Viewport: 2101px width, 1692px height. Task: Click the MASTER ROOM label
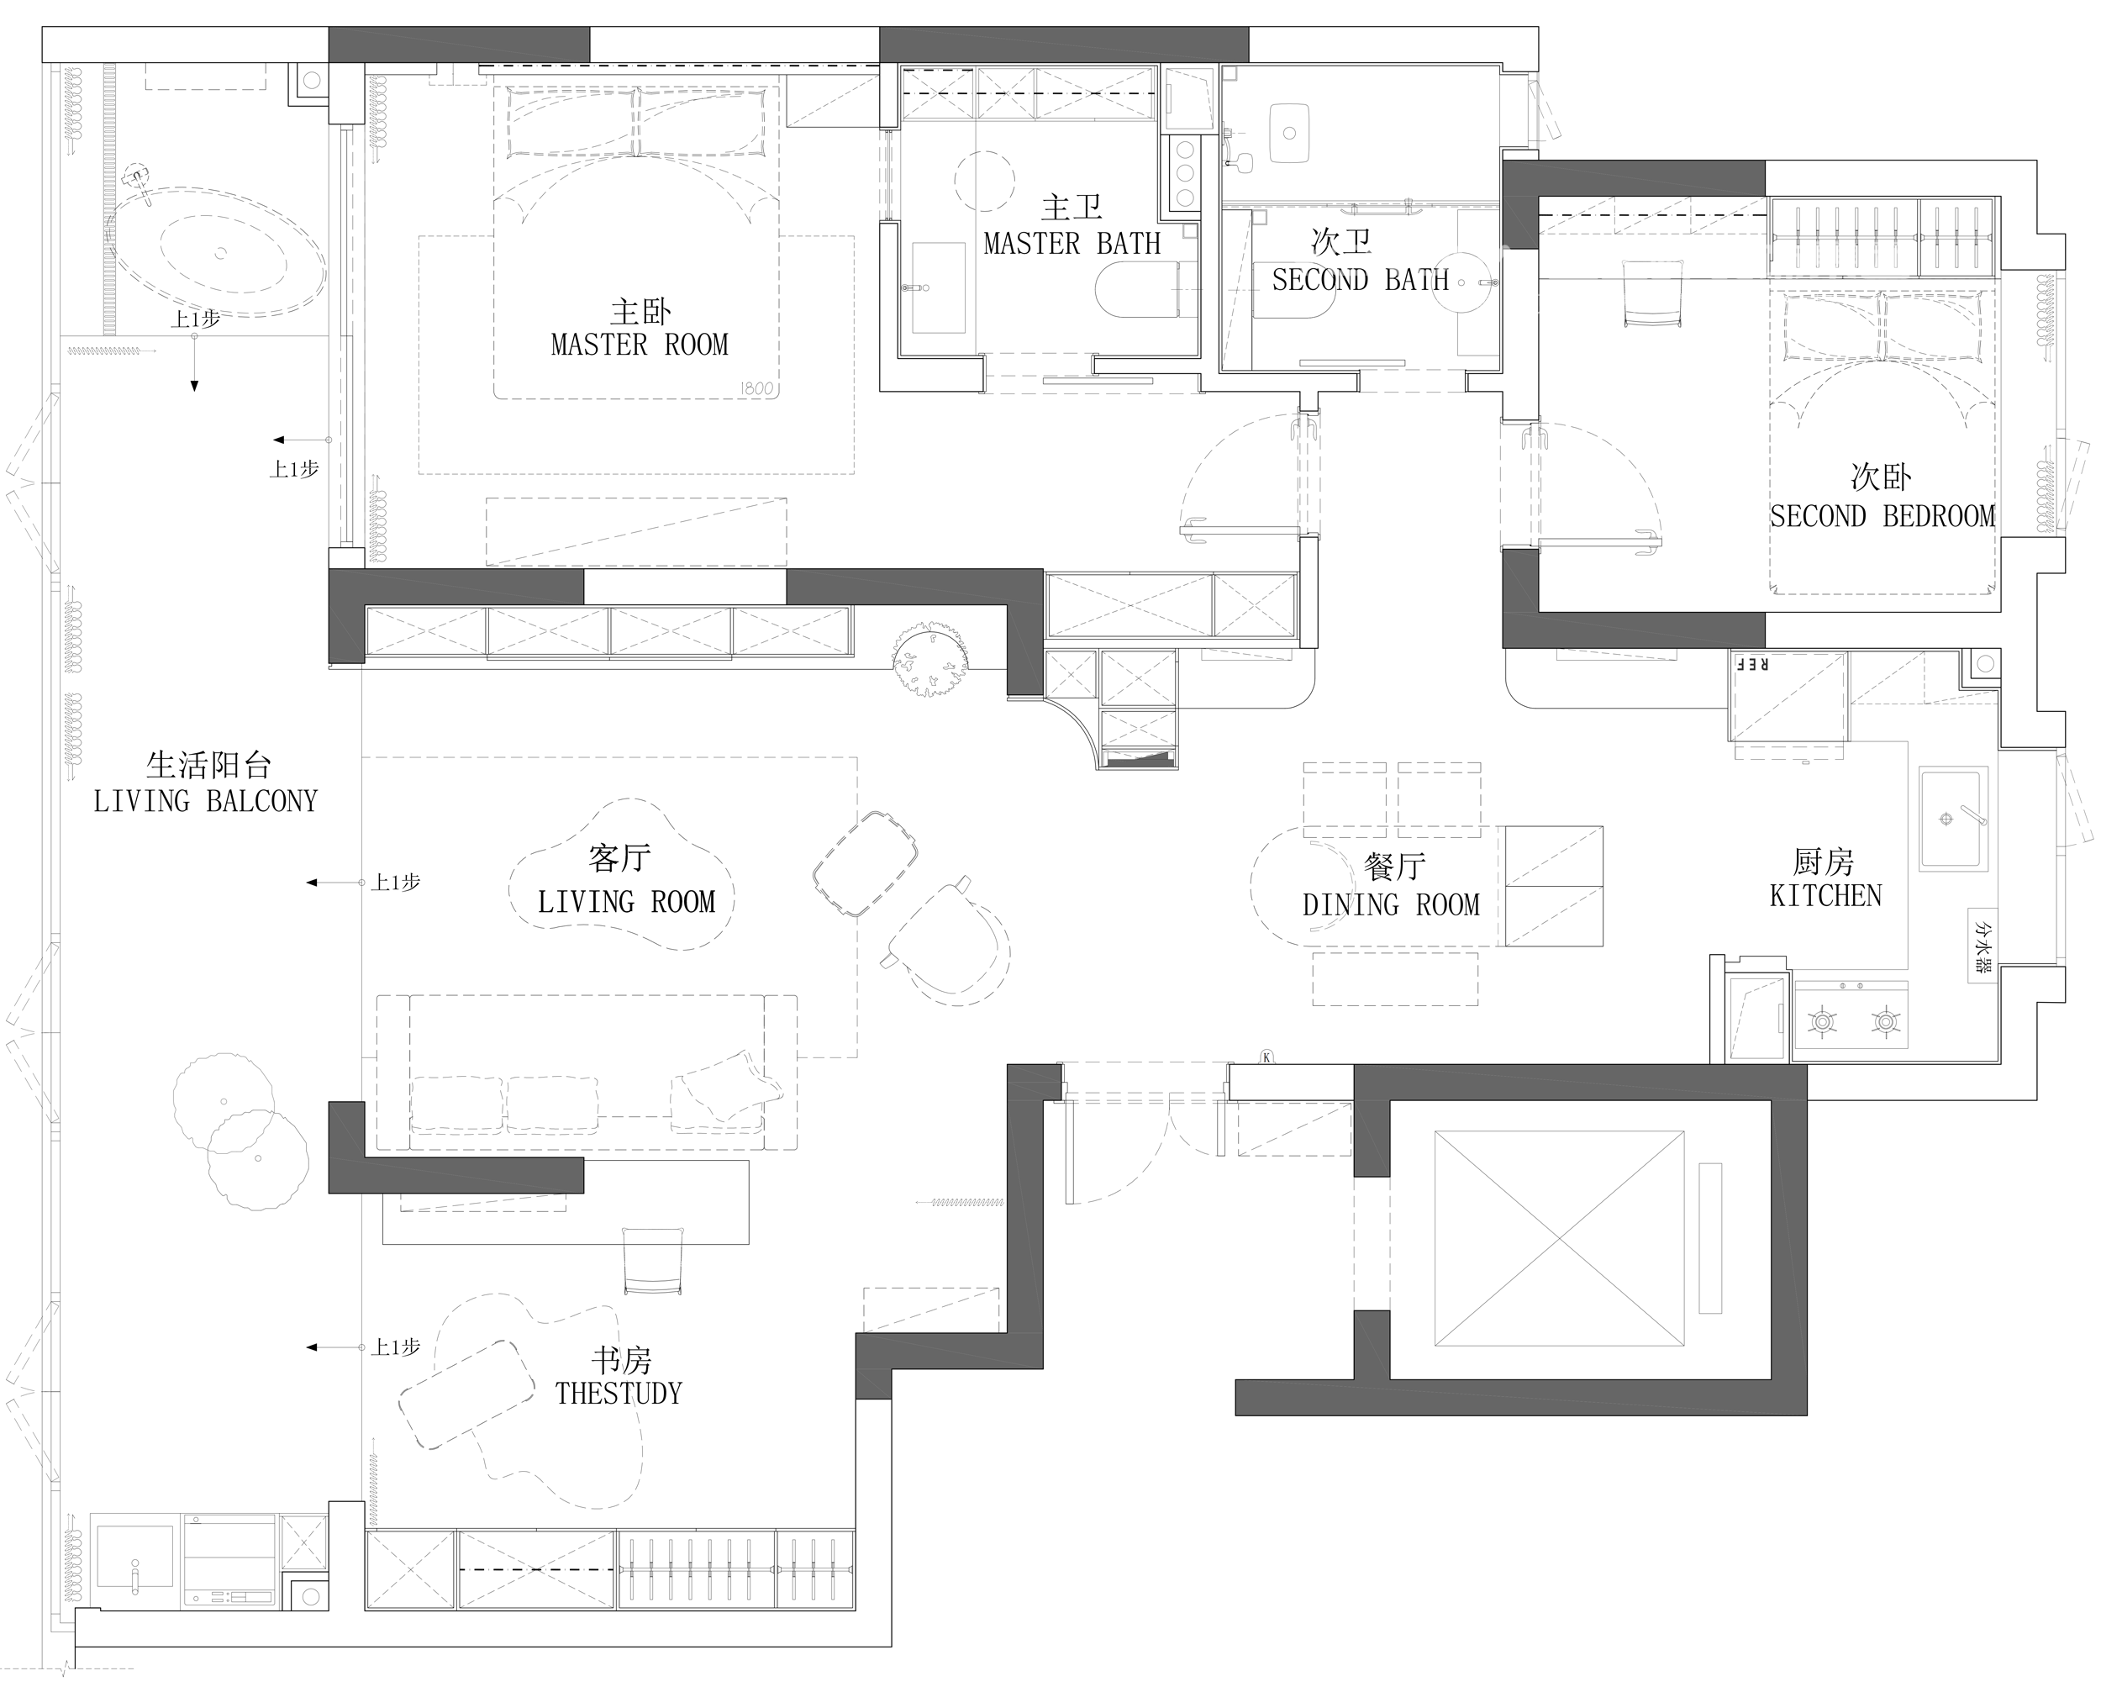pyautogui.click(x=640, y=345)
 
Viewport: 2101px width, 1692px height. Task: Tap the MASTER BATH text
pyautogui.click(x=1072, y=244)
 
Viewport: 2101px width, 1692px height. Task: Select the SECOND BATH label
pyautogui.click(x=1361, y=281)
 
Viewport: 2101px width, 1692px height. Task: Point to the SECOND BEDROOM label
pyautogui.click(x=1882, y=517)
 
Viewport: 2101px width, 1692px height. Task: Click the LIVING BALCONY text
pyautogui.click(x=206, y=801)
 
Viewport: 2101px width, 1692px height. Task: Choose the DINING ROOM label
pyautogui.click(x=1391, y=905)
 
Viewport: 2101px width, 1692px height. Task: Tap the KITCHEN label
pyautogui.click(x=1825, y=896)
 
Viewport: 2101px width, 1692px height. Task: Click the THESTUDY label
pyautogui.click(x=619, y=1394)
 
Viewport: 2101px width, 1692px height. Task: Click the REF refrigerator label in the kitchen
pyautogui.click(x=1752, y=665)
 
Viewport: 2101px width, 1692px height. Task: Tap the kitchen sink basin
pyautogui.click(x=1953, y=818)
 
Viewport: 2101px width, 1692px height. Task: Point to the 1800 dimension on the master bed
pyautogui.click(x=756, y=389)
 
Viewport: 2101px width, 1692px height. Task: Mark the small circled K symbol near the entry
pyautogui.click(x=1266, y=1057)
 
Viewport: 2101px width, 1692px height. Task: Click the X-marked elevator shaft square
pyautogui.click(x=1559, y=1239)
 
